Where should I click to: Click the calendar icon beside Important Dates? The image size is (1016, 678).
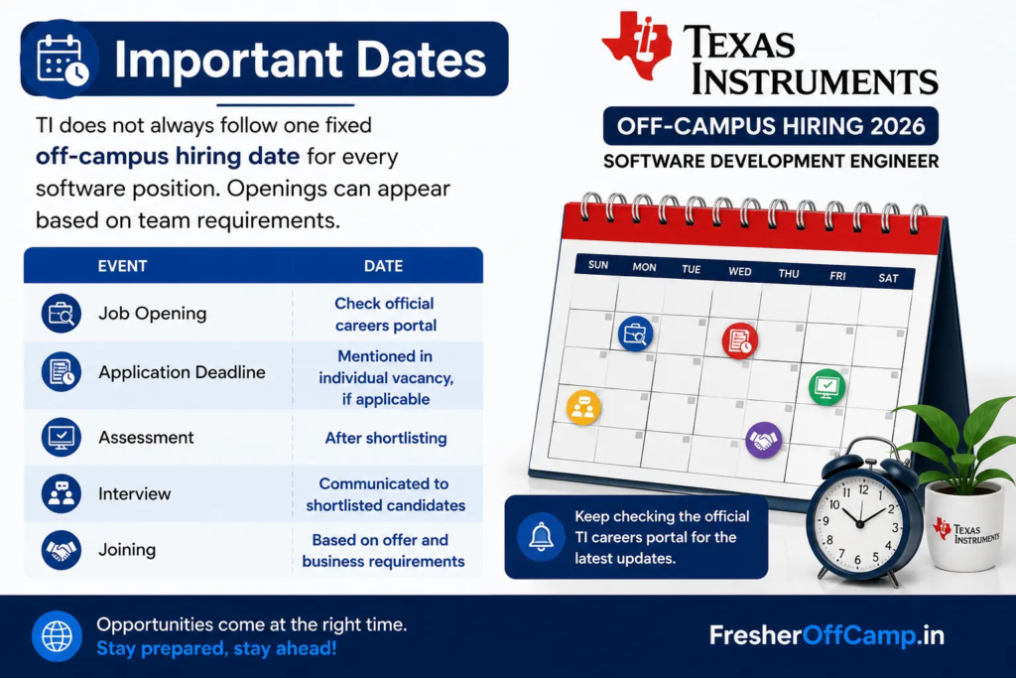pyautogui.click(x=61, y=60)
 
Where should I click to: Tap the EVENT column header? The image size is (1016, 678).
pyautogui.click(x=122, y=266)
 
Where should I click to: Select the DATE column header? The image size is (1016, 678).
pyautogui.click(x=384, y=266)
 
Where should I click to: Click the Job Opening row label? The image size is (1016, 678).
pyautogui.click(x=152, y=313)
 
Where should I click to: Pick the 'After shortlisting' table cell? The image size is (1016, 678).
pyautogui.click(x=386, y=438)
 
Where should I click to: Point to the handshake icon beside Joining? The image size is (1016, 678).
pyautogui.click(x=61, y=550)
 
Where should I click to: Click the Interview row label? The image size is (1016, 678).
pyautogui.click(x=135, y=494)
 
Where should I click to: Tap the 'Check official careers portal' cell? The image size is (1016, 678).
pyautogui.click(x=386, y=315)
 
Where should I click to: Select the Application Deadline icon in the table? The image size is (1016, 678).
pyautogui.click(x=61, y=372)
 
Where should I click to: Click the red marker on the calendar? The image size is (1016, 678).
pyautogui.click(x=740, y=340)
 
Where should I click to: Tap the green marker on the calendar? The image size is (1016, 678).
pyautogui.click(x=826, y=387)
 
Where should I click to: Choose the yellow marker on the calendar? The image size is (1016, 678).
pyautogui.click(x=583, y=407)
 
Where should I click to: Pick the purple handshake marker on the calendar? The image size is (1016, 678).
pyautogui.click(x=764, y=440)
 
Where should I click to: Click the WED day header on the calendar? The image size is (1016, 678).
pyautogui.click(x=740, y=271)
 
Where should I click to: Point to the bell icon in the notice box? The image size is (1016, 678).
pyautogui.click(x=541, y=537)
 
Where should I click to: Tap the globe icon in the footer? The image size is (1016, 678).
pyautogui.click(x=57, y=636)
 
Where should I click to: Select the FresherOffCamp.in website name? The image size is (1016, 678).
pyautogui.click(x=826, y=635)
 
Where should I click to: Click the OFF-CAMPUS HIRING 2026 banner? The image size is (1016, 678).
pyautogui.click(x=771, y=126)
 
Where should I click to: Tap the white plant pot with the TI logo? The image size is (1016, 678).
pyautogui.click(x=964, y=526)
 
